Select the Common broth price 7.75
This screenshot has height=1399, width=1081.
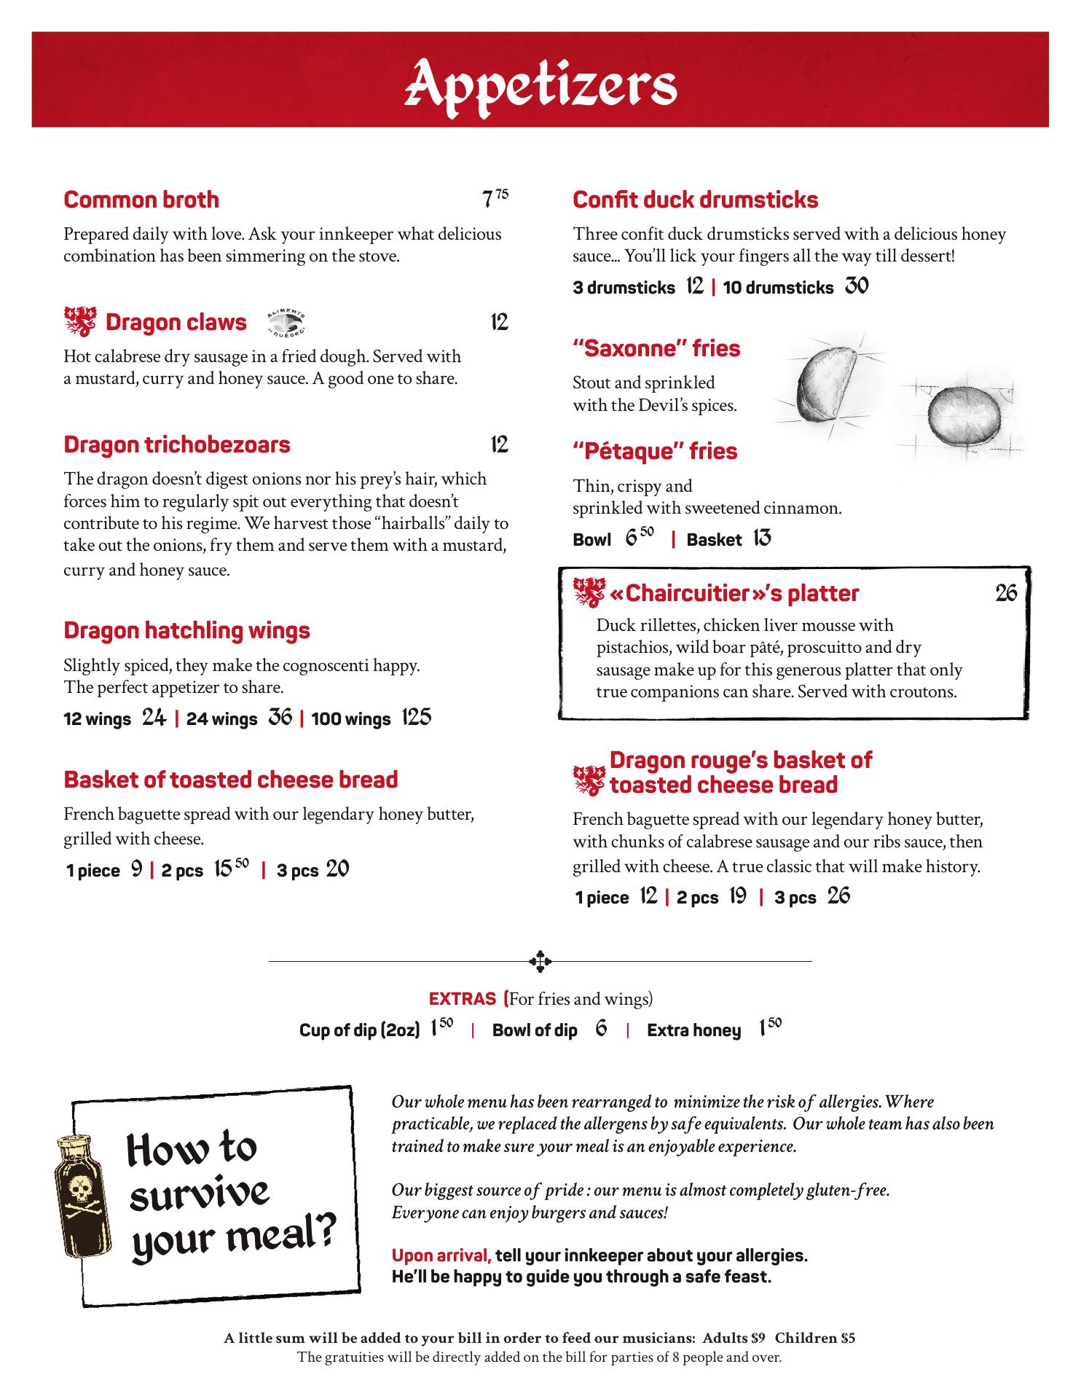(x=495, y=199)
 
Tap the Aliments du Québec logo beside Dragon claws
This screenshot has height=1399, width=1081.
(x=287, y=321)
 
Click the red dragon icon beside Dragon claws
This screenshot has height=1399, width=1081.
(x=80, y=321)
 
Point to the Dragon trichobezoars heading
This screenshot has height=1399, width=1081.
(x=177, y=444)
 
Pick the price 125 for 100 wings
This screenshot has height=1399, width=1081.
(x=416, y=718)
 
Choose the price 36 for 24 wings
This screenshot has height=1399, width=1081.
(x=280, y=718)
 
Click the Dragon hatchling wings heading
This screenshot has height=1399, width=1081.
(x=186, y=630)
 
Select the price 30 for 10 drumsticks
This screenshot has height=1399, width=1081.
(x=857, y=286)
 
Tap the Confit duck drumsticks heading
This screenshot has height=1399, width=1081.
(x=696, y=200)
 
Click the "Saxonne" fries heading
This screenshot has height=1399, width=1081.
(x=656, y=348)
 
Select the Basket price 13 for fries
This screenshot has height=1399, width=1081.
(x=762, y=538)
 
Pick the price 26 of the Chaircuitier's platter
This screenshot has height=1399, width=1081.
(x=1006, y=593)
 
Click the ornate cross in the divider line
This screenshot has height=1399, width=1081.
(x=540, y=961)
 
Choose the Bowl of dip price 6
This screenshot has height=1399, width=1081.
(x=601, y=1029)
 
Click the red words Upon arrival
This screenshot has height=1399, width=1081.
(x=441, y=1255)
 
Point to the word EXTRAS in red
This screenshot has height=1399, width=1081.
(x=463, y=998)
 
